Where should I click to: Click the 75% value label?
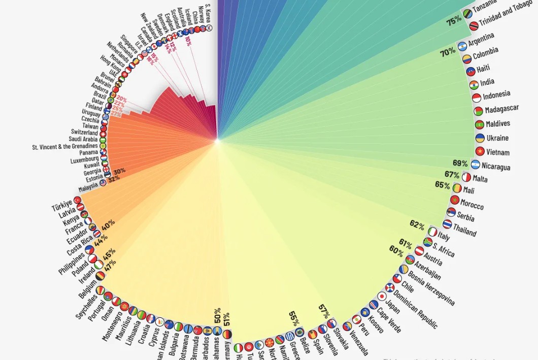pyautogui.click(x=453, y=21)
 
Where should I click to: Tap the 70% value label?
pyautogui.click(x=448, y=52)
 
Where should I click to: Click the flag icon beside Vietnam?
pyautogui.click(x=479, y=151)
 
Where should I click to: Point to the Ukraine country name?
pyautogui.click(x=497, y=138)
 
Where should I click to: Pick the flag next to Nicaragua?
pyautogui.click(x=475, y=164)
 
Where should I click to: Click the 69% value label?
pyautogui.click(x=460, y=163)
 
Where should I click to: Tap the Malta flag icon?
pyautogui.click(x=466, y=177)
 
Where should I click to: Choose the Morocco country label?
pyautogui.click(x=472, y=204)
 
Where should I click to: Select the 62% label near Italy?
pyautogui.click(x=417, y=224)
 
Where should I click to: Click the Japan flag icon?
pyautogui.click(x=382, y=296)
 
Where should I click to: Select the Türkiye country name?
pyautogui.click(x=62, y=206)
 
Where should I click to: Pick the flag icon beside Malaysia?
pyautogui.click(x=103, y=183)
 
